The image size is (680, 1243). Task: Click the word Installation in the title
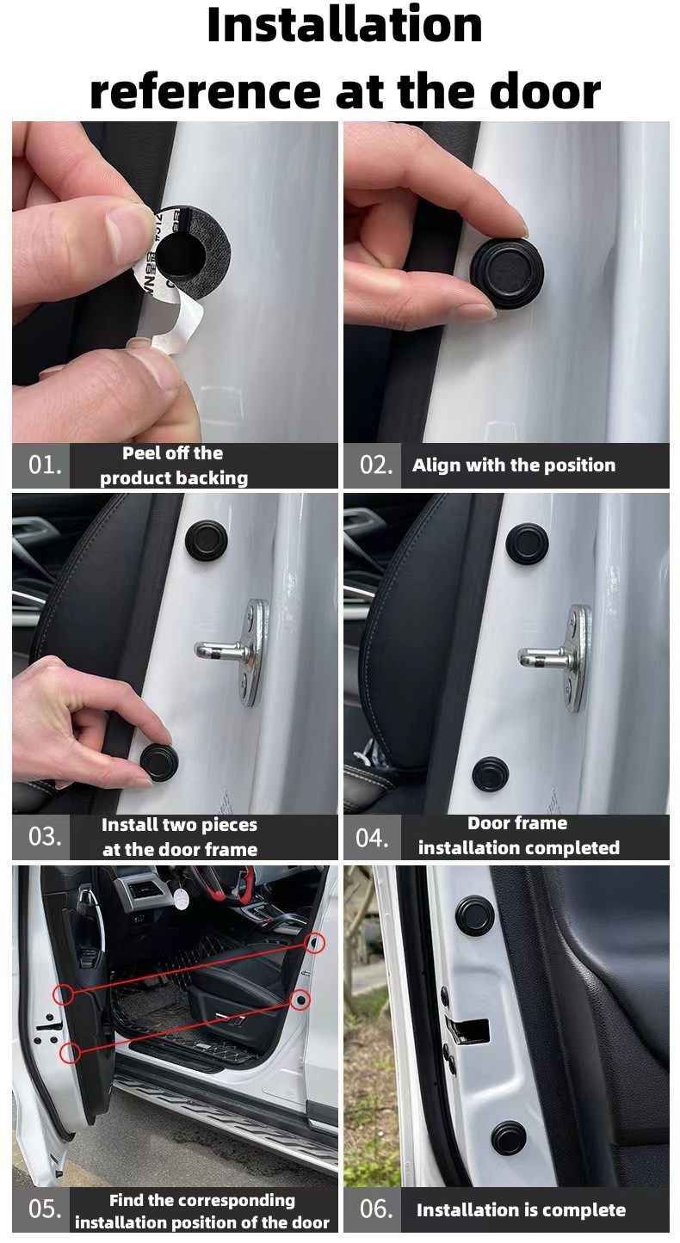[344, 25]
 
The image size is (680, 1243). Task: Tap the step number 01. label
[45, 465]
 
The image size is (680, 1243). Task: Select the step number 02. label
[376, 465]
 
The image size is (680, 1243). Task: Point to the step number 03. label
[45, 837]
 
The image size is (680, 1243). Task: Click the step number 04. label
[372, 838]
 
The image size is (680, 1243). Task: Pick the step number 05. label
[45, 1209]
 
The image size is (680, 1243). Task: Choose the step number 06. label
[376, 1209]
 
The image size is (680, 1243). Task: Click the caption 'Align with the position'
[514, 465]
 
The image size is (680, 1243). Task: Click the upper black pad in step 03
[206, 539]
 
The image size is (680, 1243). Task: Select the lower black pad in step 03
[159, 761]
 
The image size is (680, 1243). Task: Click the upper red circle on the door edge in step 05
[64, 995]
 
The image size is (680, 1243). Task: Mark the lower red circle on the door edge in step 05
[70, 1052]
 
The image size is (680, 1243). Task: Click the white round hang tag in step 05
[179, 898]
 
